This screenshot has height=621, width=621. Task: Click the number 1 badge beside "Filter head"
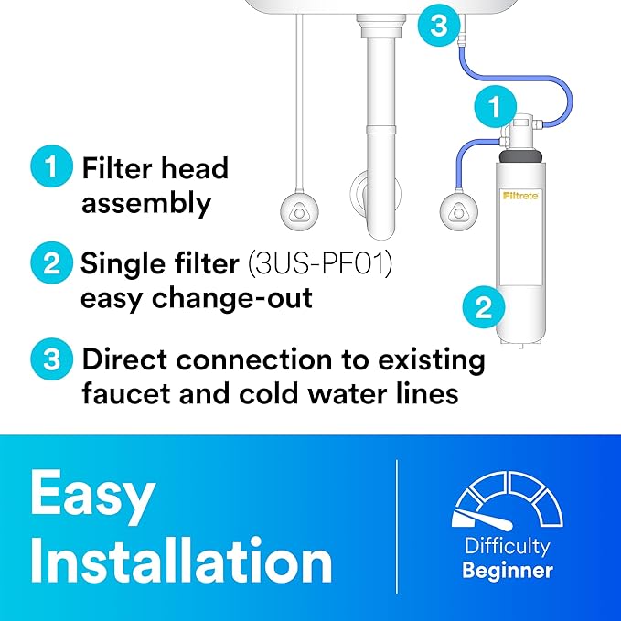(x=50, y=167)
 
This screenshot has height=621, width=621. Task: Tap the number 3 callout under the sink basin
(x=440, y=25)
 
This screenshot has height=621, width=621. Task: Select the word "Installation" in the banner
(x=180, y=559)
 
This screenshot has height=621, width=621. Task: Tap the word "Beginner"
(x=507, y=572)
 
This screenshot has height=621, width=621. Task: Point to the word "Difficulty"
(x=507, y=547)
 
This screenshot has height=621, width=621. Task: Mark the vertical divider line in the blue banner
(x=396, y=526)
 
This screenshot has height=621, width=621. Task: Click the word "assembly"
(x=146, y=202)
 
